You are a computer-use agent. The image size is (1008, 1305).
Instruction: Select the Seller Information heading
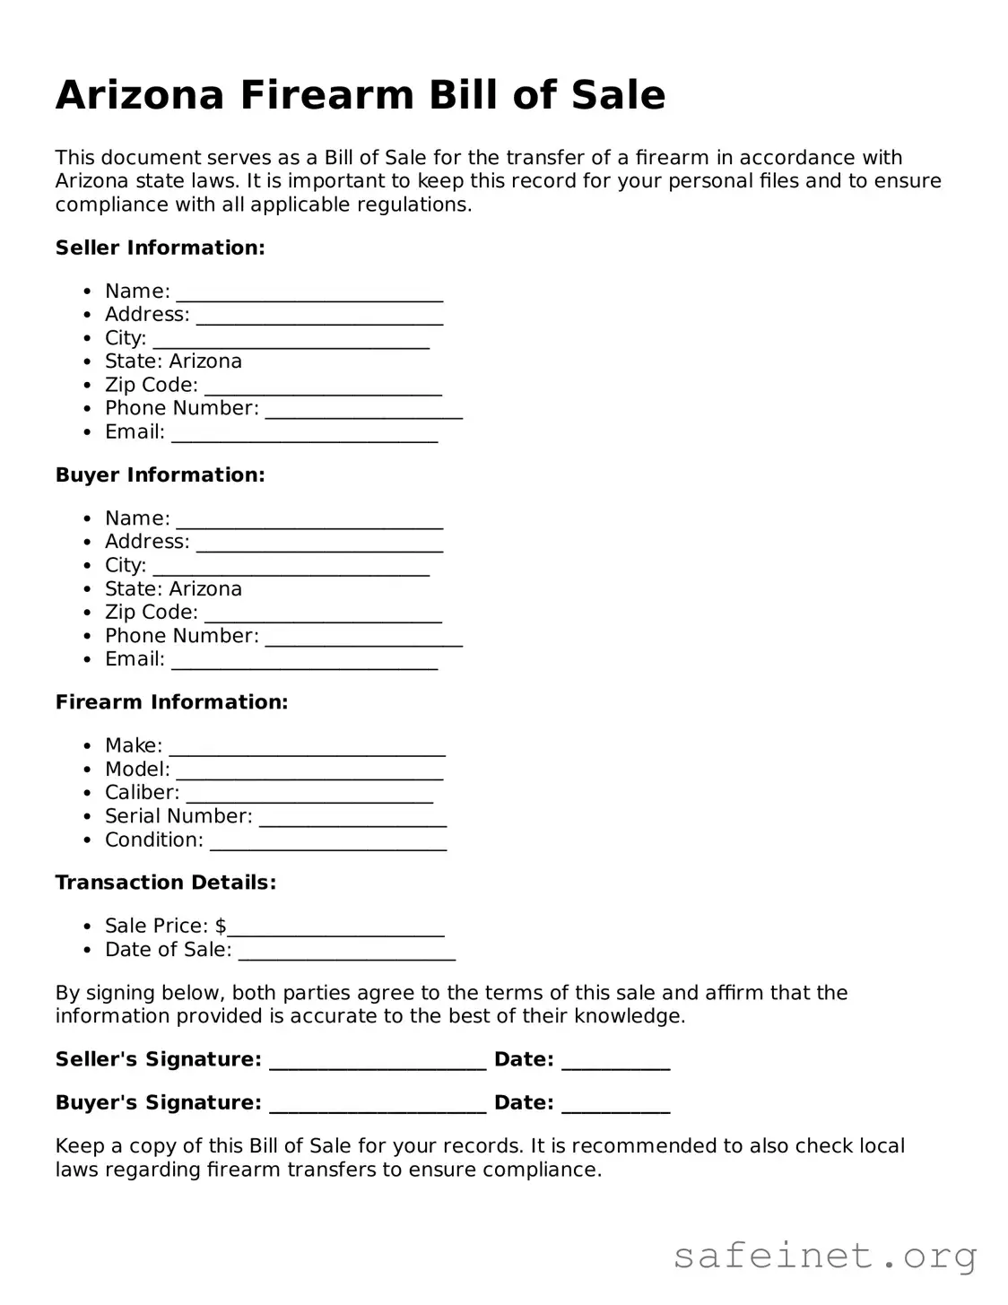161,248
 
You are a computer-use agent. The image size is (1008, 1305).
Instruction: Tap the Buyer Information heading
161,474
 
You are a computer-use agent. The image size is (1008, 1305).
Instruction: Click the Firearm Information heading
172,702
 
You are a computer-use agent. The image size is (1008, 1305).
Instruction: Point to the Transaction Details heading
166,883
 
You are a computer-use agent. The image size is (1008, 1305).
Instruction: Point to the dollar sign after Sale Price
221,926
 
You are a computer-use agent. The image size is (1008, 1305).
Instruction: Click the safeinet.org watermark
825,1256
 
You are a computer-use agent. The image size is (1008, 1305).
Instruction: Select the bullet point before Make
87,746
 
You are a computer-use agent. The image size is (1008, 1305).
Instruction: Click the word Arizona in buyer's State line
205,588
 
